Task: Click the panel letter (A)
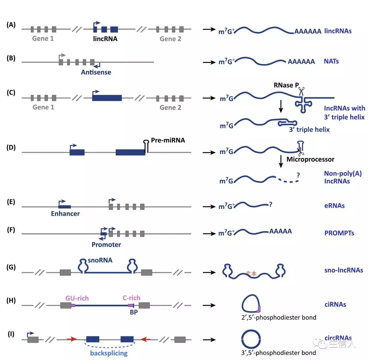coord(11,25)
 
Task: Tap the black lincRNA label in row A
coord(105,39)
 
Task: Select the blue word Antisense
coord(96,72)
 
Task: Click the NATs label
coord(331,61)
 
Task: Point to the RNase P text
coord(286,85)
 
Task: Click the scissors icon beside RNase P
coord(301,92)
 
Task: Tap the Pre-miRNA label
coord(168,140)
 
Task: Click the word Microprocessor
coord(310,159)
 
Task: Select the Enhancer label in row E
coord(65,214)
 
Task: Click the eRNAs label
coord(334,205)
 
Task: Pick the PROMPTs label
coord(339,233)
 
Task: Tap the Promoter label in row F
coord(106,245)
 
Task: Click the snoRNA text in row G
coord(100,260)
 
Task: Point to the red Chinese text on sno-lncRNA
coord(251,273)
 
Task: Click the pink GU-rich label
coord(77,298)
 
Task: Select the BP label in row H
coord(134,312)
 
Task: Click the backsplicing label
coord(109,353)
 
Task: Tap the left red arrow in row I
coord(72,340)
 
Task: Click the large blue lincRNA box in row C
coord(107,98)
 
